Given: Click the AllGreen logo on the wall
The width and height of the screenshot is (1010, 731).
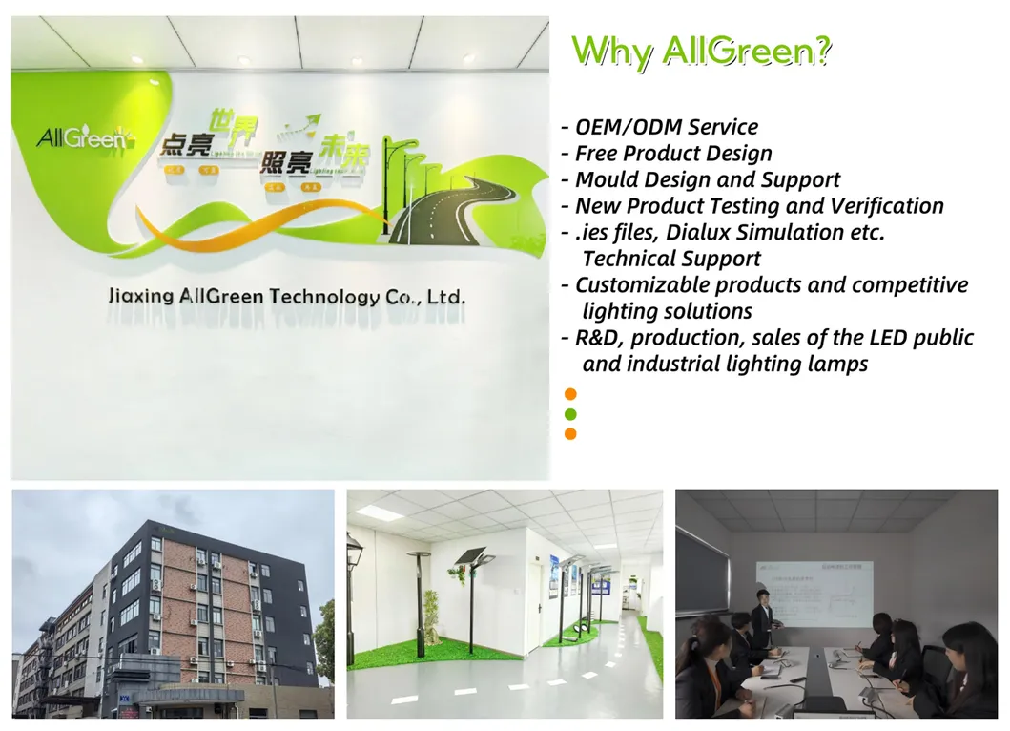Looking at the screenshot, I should (x=81, y=139).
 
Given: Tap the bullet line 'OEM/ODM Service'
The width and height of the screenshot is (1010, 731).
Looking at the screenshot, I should (x=666, y=127).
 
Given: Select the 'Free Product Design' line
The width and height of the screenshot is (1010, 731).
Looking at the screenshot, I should (x=672, y=154).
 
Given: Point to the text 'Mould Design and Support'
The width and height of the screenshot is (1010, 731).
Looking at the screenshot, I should (x=707, y=179).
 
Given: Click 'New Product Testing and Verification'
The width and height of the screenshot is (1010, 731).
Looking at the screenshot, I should (x=758, y=206).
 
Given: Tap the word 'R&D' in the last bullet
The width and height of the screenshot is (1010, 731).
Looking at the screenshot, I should (x=598, y=338).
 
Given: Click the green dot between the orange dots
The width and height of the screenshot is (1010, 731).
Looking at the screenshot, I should (x=570, y=414).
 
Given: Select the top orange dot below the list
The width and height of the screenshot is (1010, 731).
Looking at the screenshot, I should (x=570, y=393).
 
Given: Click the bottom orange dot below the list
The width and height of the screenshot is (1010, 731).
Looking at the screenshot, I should (x=570, y=434).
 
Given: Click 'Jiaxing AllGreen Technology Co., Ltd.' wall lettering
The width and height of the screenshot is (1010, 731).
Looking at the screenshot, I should (x=287, y=297).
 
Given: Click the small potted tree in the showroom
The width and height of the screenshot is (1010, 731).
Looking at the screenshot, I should (x=431, y=616).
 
